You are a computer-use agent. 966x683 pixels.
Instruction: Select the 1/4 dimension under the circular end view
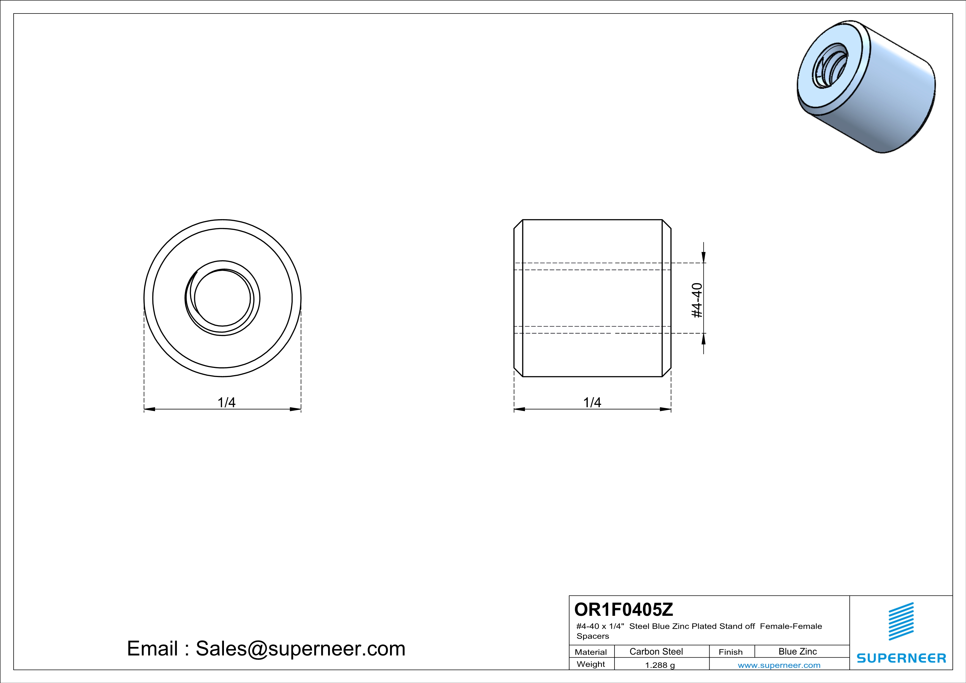pos(226,402)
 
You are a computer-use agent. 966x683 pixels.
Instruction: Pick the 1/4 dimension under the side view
pos(592,402)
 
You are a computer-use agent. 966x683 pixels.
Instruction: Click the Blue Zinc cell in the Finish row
pos(797,651)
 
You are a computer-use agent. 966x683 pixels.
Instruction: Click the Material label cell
pos(591,652)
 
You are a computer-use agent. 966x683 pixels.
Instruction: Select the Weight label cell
pos(591,664)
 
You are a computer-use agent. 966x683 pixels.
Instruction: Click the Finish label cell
pos(730,652)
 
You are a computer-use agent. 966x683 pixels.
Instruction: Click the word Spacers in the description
pos(592,636)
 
